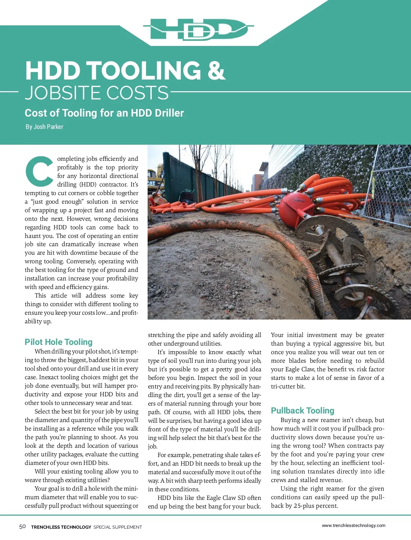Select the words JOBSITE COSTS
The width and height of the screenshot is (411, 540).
(x=97, y=93)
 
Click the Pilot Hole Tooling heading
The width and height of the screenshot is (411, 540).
(x=59, y=342)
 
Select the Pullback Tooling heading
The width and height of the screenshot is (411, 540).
(x=302, y=410)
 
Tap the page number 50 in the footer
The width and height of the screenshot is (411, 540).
(x=22, y=527)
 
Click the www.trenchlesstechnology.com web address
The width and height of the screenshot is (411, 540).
(x=353, y=525)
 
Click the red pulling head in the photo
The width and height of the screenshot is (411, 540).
(x=294, y=206)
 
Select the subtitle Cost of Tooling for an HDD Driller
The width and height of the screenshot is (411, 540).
(x=104, y=113)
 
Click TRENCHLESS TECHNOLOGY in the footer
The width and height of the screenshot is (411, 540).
(x=61, y=527)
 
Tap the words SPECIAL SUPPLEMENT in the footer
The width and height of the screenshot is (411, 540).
(x=117, y=527)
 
